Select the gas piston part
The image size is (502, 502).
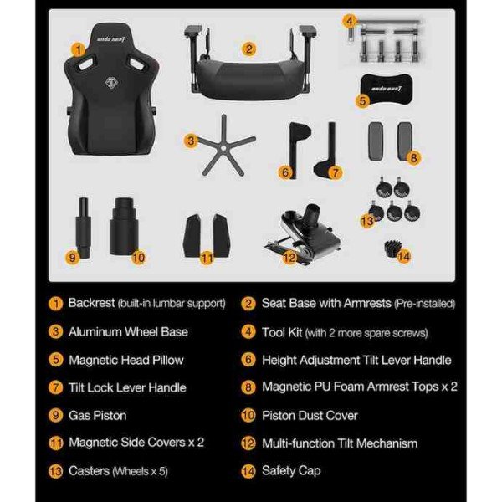tap(83, 228)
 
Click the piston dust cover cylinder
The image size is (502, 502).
tap(124, 227)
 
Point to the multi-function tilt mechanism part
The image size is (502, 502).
tap(303, 235)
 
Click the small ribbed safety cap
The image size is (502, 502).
tap(392, 248)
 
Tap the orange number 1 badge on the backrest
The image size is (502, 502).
tap(79, 49)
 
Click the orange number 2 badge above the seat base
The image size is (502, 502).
tap(248, 49)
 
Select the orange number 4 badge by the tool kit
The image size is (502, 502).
tap(349, 21)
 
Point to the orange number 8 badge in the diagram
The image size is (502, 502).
tap(413, 158)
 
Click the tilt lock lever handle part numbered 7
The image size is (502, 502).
tap(327, 150)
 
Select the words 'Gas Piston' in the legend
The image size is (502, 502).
tap(98, 416)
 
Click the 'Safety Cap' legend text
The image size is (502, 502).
tap(291, 470)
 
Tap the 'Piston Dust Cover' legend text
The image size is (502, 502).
tap(310, 416)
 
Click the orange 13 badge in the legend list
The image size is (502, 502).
tap(55, 471)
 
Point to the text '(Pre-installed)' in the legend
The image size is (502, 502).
tap(424, 304)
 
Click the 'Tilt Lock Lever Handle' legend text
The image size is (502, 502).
tap(127, 387)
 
